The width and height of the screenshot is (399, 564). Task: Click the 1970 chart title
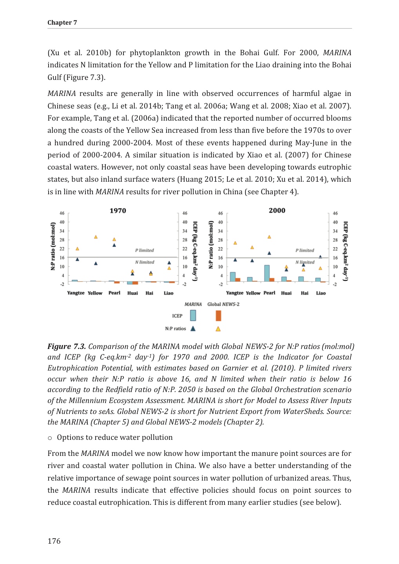coord(118,211)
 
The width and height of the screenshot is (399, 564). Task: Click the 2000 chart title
coord(277,210)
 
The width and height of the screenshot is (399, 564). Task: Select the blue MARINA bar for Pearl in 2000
coord(267,273)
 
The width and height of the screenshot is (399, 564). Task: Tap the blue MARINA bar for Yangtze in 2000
coord(233,277)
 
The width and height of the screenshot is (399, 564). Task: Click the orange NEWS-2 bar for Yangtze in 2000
coord(238,280)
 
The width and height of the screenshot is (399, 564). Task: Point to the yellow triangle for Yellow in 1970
coord(96,237)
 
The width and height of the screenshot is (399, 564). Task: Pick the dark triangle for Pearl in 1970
coord(114,245)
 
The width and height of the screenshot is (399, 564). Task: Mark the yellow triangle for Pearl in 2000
coord(269,237)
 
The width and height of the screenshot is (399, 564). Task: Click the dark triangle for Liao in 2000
coord(320,257)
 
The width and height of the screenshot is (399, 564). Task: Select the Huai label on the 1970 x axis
coord(132,293)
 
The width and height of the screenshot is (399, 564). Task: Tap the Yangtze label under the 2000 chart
coord(234,293)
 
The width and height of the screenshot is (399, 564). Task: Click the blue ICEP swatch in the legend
coord(193,315)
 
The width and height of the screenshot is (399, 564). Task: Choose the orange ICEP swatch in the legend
coord(218,315)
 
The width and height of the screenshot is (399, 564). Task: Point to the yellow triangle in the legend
coord(218,329)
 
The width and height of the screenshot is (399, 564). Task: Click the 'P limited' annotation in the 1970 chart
coord(144,250)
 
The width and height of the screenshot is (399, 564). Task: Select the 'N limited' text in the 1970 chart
coord(145,262)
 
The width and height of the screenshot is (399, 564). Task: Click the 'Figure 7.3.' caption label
coord(67,347)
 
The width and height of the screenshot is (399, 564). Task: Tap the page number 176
coord(54,541)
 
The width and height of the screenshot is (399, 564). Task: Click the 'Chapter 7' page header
coord(62,23)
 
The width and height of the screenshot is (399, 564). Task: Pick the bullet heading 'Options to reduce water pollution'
coord(114,437)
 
